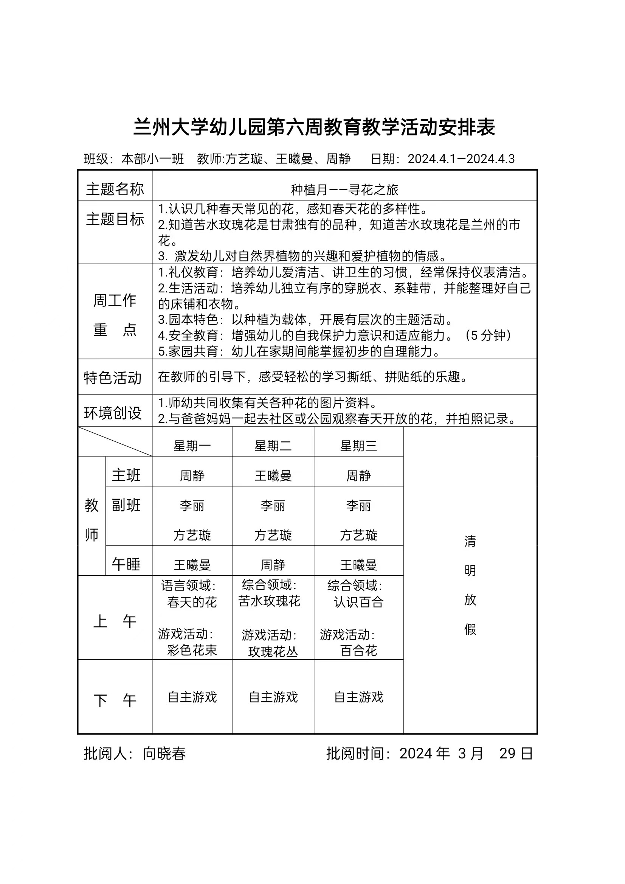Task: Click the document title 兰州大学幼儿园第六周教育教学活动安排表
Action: coord(314,127)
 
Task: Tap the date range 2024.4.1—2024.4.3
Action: coord(461,159)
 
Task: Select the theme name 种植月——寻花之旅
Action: coord(344,190)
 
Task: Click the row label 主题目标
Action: coord(115,219)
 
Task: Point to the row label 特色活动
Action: coord(113,378)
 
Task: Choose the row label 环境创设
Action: coord(113,413)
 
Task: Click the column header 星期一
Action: coord(192,446)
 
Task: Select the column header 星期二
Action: coord(273,446)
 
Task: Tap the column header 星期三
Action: coord(358,446)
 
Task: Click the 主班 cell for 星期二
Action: coord(273,476)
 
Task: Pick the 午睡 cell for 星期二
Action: coord(273,565)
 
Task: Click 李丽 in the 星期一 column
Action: coord(192,505)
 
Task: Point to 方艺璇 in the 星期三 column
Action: coord(358,535)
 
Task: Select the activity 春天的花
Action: coord(192,602)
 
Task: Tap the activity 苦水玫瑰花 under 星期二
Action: coord(269,601)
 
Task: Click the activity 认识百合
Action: coord(358,602)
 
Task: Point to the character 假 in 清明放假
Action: coord(470,629)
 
